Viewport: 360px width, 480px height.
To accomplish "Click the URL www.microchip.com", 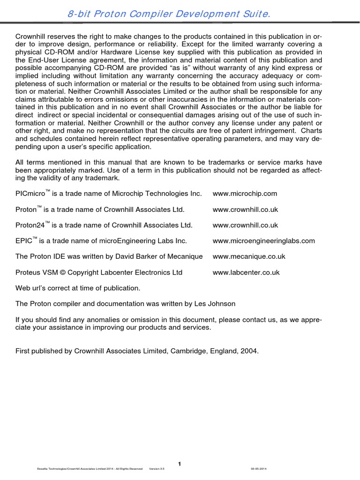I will point(245,194).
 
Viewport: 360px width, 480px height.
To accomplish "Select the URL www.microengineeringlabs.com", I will point(263,241).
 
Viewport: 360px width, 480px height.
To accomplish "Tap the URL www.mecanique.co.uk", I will point(248,256).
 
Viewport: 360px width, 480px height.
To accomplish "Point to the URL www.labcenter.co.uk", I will point(246,272).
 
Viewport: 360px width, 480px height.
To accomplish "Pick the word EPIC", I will point(24,241).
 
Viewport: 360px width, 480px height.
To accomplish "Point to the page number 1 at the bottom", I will point(180,464).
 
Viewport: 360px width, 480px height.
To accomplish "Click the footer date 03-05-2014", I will point(259,469).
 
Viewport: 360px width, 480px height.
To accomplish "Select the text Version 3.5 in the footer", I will point(157,469).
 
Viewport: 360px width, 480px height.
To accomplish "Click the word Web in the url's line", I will point(22,288).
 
